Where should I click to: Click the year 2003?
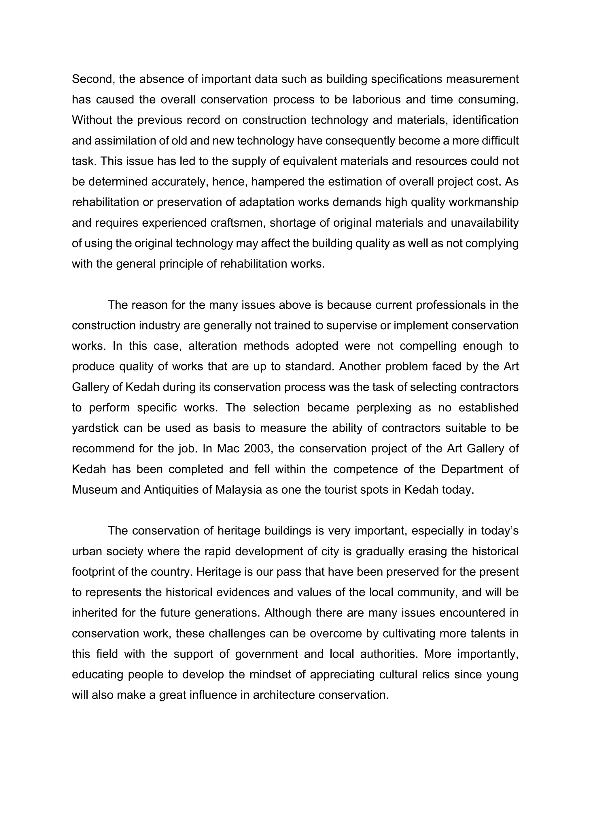coord(258,448)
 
